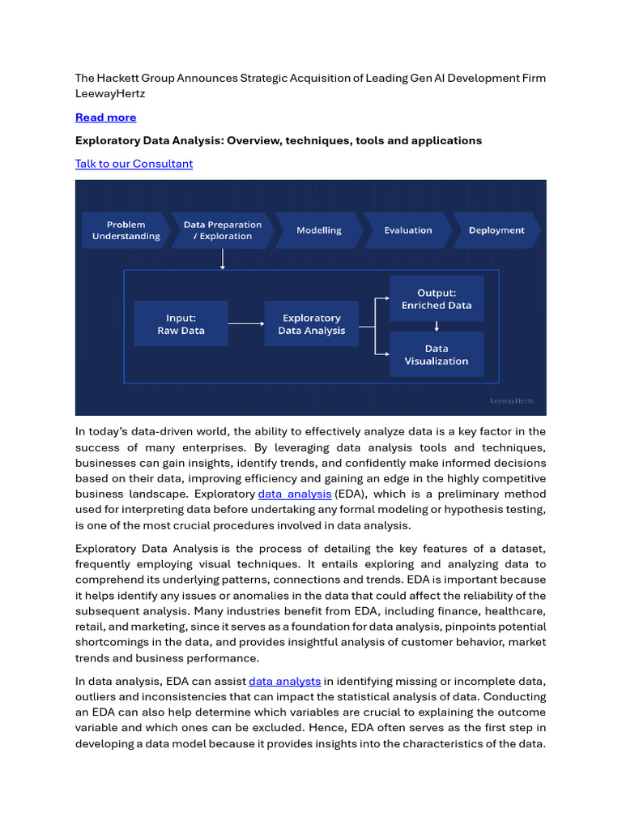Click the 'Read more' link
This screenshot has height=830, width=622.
point(105,118)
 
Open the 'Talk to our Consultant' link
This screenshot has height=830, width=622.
point(134,164)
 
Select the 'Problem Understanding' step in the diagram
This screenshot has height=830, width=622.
point(126,230)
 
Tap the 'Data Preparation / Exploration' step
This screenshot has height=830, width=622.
point(222,230)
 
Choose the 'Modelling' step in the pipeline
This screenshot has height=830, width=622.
point(319,230)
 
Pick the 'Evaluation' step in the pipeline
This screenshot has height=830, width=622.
point(408,230)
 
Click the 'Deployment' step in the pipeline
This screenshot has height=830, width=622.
point(496,230)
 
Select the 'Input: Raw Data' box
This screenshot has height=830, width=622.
point(181,324)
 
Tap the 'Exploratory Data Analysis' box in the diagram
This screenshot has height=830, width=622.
point(311,324)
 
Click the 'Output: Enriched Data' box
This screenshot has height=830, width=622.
point(437,298)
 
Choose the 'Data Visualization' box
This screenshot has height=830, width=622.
point(437,354)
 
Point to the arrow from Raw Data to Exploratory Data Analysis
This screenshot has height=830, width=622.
point(246,324)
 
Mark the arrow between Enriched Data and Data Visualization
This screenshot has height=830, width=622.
point(437,326)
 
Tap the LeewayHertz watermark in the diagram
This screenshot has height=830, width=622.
point(512,400)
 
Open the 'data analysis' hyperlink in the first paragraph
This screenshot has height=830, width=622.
point(295,494)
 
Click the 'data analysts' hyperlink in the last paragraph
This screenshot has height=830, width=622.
point(284,682)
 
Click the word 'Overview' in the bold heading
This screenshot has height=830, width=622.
point(252,140)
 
